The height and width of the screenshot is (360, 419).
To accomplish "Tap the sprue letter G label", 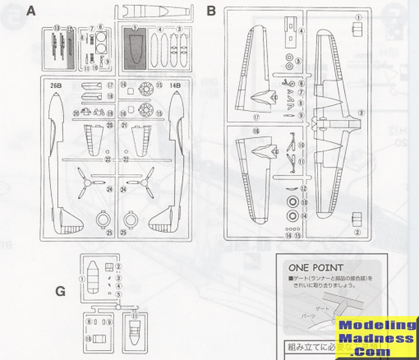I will (60, 290).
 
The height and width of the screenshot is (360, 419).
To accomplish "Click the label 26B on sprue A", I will (55, 84).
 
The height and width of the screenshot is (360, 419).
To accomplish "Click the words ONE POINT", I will (316, 268).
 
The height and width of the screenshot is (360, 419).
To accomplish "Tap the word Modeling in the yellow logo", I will (375, 327).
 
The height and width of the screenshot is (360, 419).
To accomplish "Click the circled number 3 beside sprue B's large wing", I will (361, 112).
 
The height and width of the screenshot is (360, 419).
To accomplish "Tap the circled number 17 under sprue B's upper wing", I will (256, 117).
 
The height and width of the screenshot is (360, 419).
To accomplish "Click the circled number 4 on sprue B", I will (302, 31).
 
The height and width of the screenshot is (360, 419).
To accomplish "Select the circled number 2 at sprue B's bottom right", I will (356, 232).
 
